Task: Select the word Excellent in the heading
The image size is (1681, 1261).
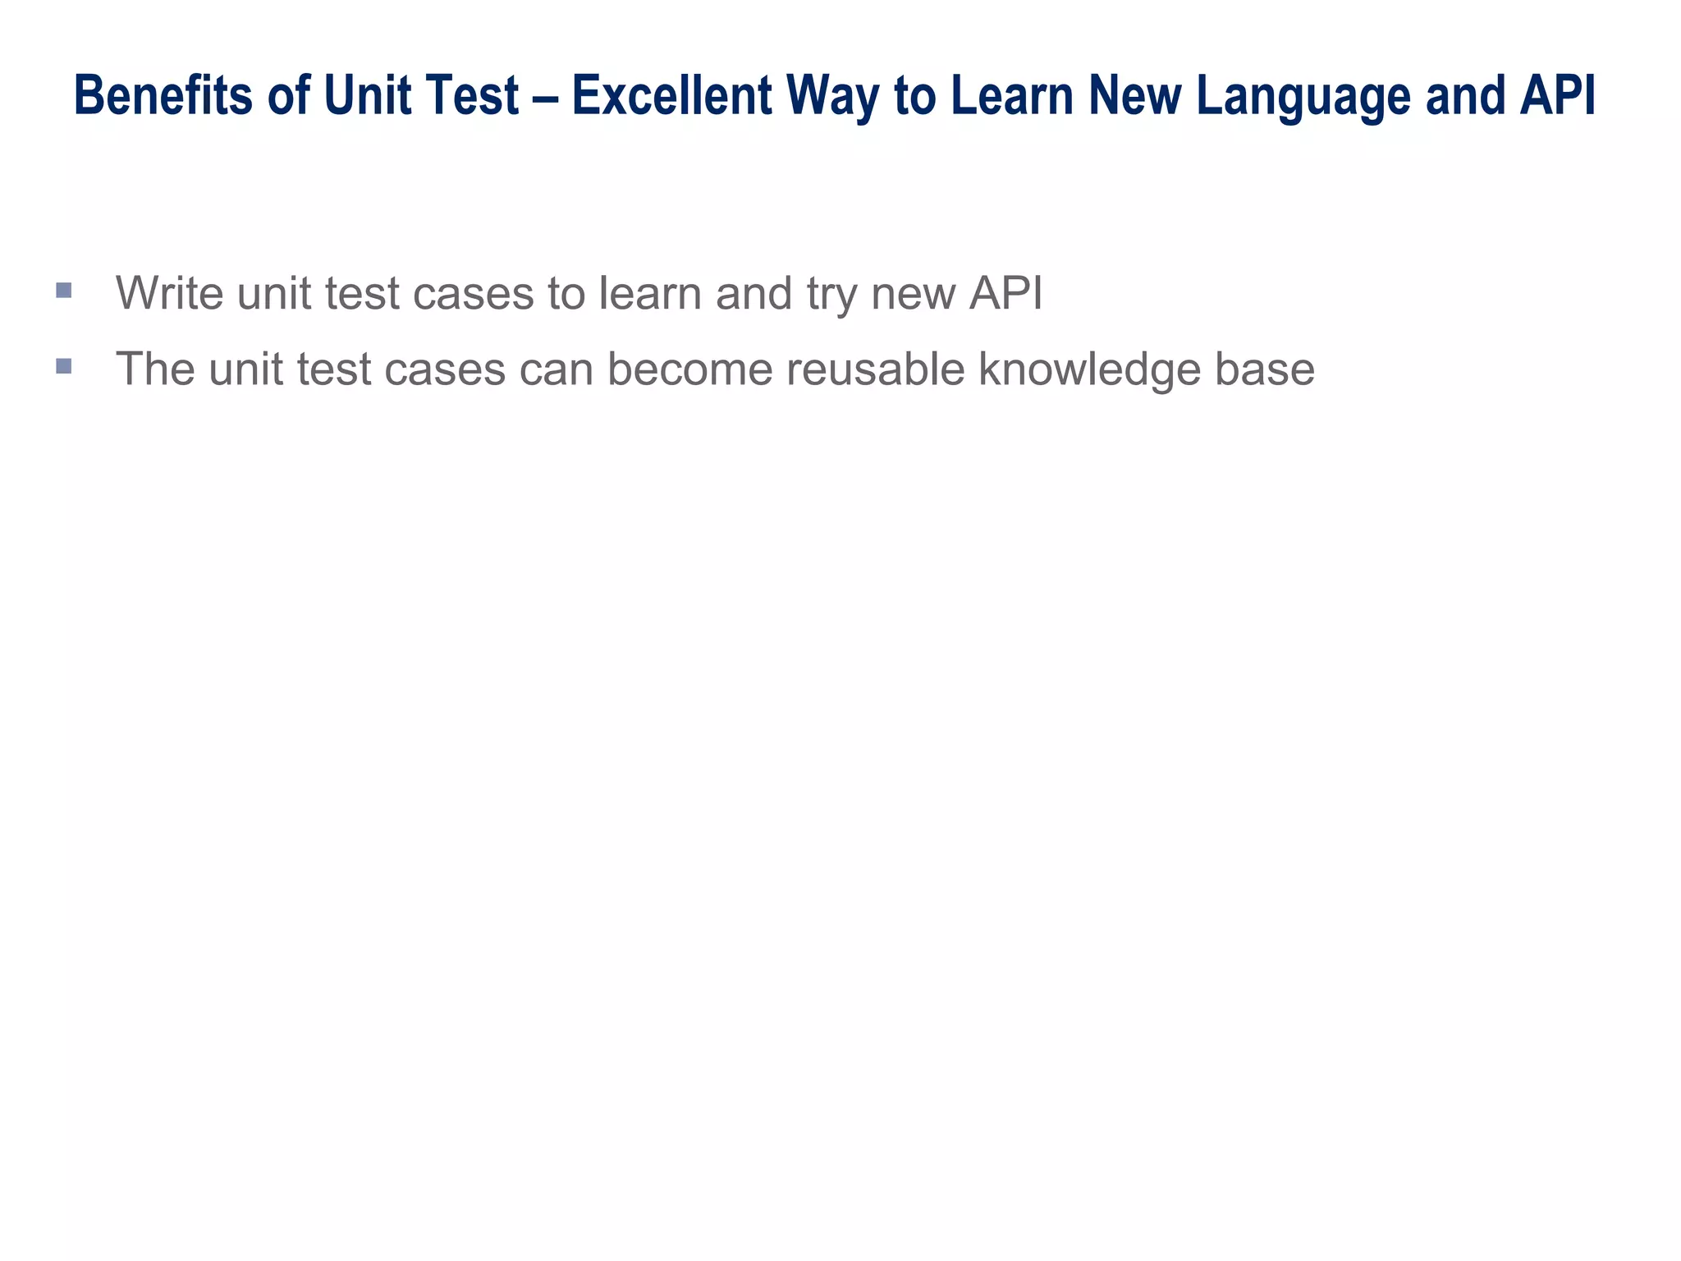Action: point(671,95)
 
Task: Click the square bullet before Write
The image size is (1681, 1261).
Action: point(64,290)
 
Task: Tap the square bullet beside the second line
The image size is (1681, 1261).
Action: point(64,365)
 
